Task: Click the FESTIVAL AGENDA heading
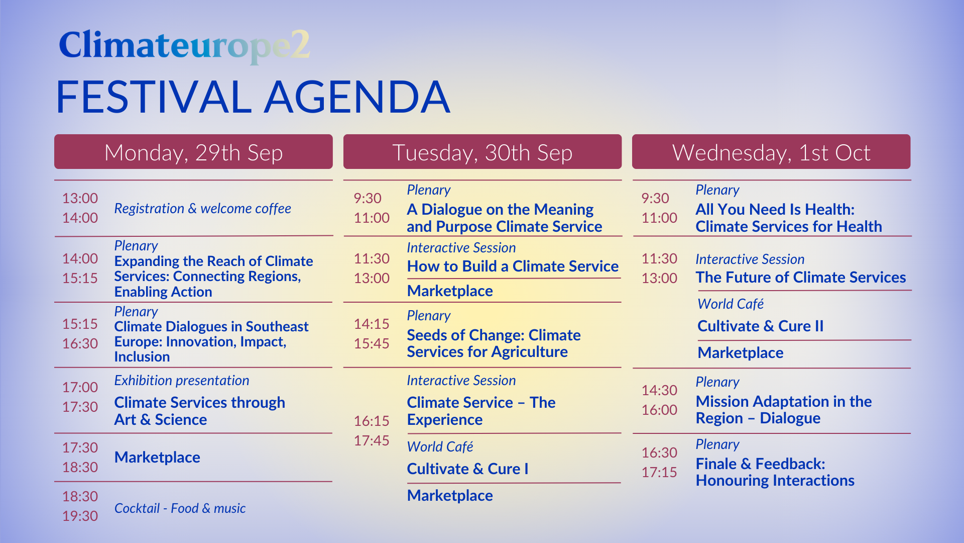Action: click(x=253, y=97)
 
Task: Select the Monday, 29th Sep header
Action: click(x=193, y=152)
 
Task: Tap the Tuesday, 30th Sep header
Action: click(x=483, y=152)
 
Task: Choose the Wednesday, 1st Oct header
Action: click(x=771, y=152)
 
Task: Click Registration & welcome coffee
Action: click(x=202, y=209)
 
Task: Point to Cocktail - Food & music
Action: click(x=180, y=508)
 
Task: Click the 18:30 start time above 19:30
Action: click(x=80, y=496)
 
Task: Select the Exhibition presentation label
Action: click(x=181, y=381)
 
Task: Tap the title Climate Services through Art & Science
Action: click(x=199, y=411)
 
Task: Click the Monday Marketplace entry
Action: click(x=157, y=458)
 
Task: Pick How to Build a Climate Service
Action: click(x=513, y=266)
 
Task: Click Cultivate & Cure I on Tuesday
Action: click(x=467, y=469)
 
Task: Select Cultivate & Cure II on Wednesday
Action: click(x=760, y=326)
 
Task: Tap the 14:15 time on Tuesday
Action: click(x=372, y=324)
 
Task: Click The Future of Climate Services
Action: click(x=801, y=278)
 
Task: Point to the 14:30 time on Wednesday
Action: click(x=659, y=390)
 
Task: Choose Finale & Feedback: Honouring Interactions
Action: click(x=775, y=472)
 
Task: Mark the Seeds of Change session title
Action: click(x=494, y=343)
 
